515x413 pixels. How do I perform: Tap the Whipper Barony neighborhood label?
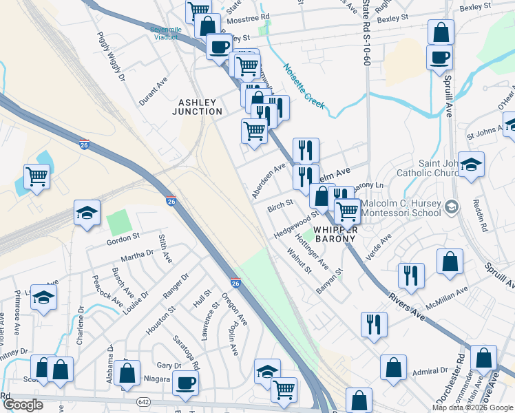334,234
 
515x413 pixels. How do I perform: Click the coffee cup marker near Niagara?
185,382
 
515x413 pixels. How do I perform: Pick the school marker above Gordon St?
87,212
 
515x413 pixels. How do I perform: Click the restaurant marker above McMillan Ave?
411,275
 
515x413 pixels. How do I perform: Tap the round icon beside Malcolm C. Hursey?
452,206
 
